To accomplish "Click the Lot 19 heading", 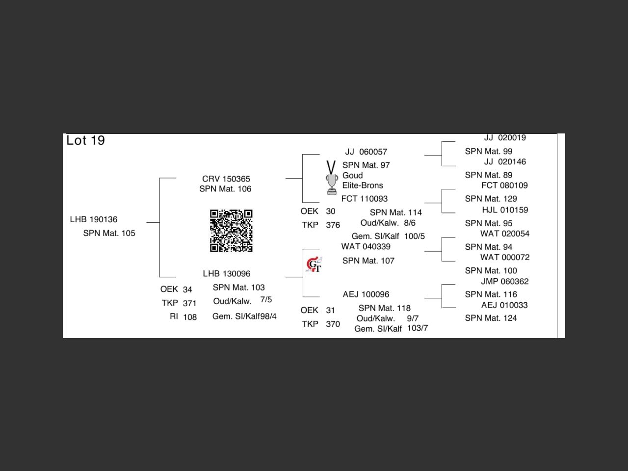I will (x=85, y=141).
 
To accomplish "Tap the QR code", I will (x=231, y=231).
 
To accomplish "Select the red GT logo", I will (x=314, y=265).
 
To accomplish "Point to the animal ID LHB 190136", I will (x=94, y=219).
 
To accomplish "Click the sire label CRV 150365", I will (x=226, y=179).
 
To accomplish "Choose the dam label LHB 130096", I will (x=227, y=274).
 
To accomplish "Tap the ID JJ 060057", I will (x=366, y=152).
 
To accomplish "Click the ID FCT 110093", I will (x=365, y=199).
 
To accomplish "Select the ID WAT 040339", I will (x=366, y=246).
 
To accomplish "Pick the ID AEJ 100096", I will (x=366, y=294).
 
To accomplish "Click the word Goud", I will (x=353, y=175).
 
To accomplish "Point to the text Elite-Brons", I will (x=363, y=185).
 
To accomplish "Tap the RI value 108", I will (x=190, y=317).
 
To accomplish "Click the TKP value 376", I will (x=333, y=225).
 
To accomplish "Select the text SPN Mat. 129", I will (x=491, y=199).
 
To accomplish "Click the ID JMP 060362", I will (x=504, y=282).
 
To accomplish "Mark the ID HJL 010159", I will (x=505, y=210).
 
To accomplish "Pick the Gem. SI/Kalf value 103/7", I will (x=418, y=328).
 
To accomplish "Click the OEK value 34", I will (x=187, y=289).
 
